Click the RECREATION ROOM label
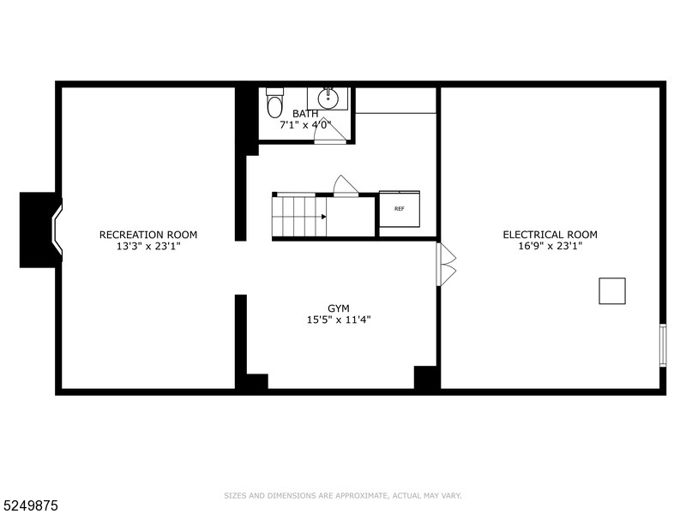(148, 235)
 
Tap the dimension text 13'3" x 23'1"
(148, 246)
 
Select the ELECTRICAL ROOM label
(550, 235)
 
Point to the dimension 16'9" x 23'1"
(550, 246)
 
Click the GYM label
(339, 308)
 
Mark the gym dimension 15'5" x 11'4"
(339, 320)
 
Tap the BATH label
(305, 114)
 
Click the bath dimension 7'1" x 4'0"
(305, 125)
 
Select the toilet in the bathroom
(274, 103)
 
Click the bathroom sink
(327, 99)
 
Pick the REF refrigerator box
(400, 209)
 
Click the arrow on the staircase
(323, 217)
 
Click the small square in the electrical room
(611, 291)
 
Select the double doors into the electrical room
(446, 264)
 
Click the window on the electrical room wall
(661, 345)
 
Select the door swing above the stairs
(345, 187)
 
